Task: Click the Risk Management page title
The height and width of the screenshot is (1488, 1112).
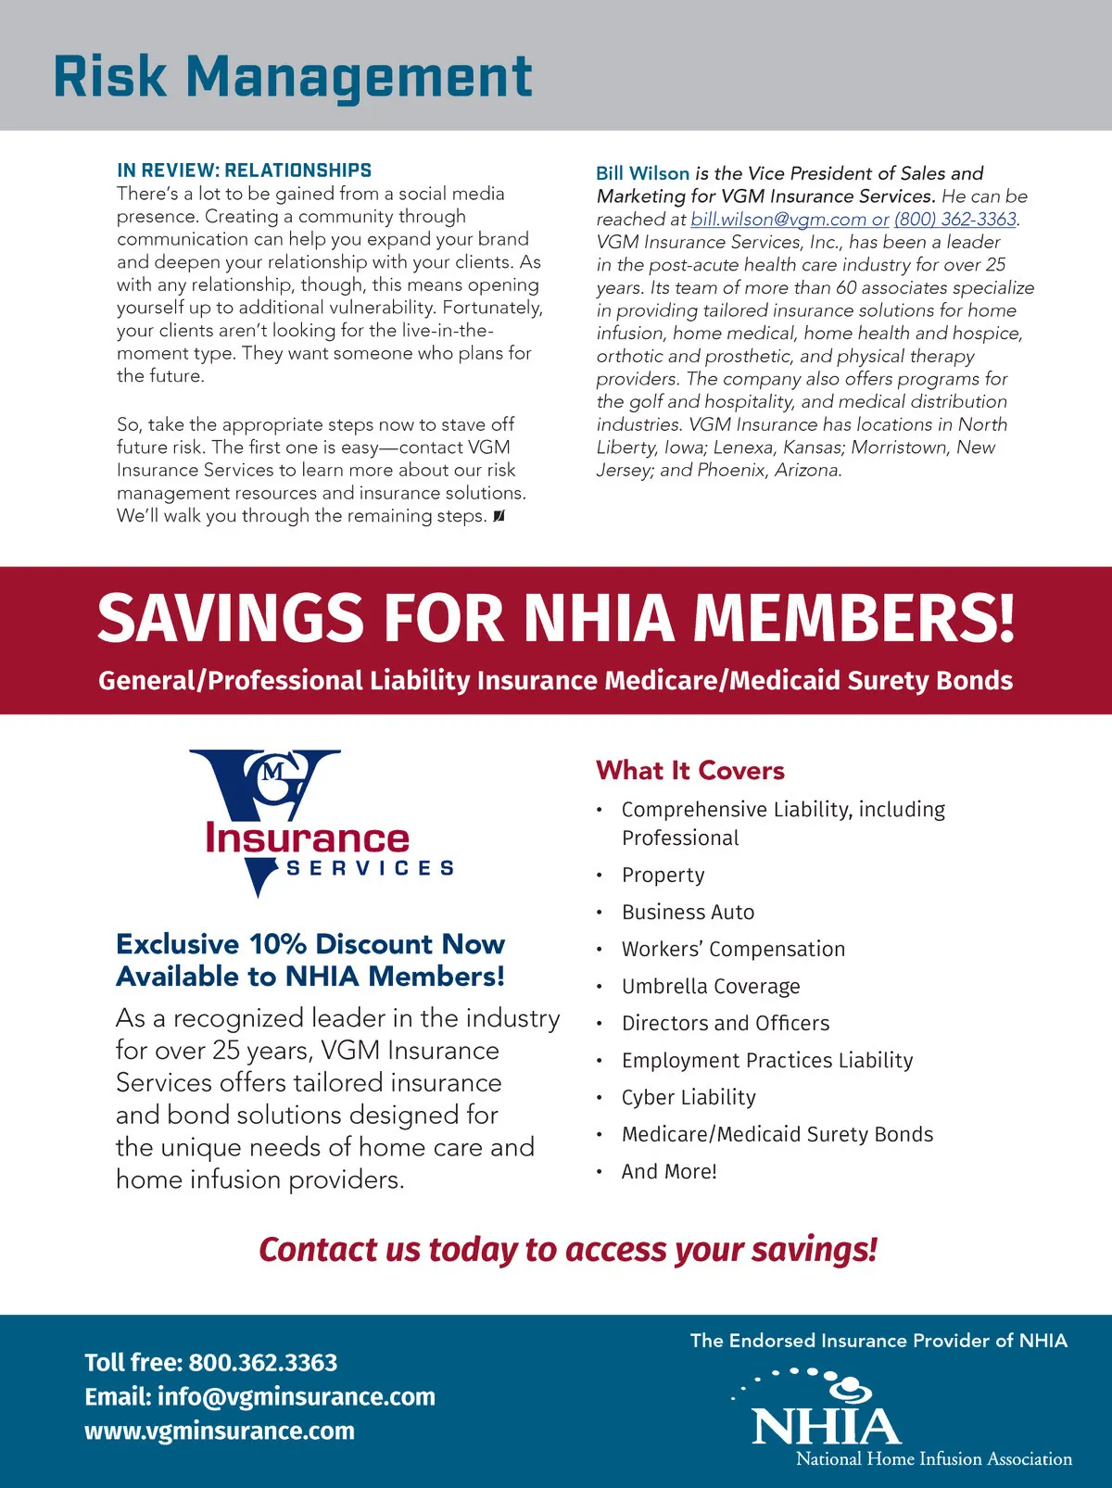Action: click(293, 76)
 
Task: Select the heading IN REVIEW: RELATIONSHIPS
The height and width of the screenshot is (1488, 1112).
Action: click(244, 170)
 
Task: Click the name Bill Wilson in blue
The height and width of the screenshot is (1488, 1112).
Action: click(642, 173)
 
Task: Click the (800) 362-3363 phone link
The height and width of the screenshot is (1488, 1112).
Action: click(954, 220)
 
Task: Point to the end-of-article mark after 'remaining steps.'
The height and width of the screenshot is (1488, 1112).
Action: click(499, 516)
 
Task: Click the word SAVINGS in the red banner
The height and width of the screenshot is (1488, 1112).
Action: click(231, 618)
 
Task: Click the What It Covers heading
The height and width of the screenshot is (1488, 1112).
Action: click(689, 770)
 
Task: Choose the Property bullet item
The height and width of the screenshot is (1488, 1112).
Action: click(663, 875)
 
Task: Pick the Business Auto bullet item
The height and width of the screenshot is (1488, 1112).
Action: click(688, 912)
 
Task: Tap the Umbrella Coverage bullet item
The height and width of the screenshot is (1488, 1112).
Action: click(711, 986)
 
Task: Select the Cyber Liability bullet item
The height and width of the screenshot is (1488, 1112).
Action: click(689, 1097)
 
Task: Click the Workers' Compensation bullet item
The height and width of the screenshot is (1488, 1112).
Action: click(733, 949)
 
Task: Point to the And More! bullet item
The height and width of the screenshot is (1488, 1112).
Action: click(669, 1171)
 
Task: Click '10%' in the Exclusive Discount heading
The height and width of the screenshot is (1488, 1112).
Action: click(278, 944)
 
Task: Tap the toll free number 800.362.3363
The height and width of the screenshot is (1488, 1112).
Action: click(263, 1362)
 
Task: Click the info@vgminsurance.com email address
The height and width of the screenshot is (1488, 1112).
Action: click(296, 1396)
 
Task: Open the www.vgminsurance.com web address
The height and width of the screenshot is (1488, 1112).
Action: click(220, 1431)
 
